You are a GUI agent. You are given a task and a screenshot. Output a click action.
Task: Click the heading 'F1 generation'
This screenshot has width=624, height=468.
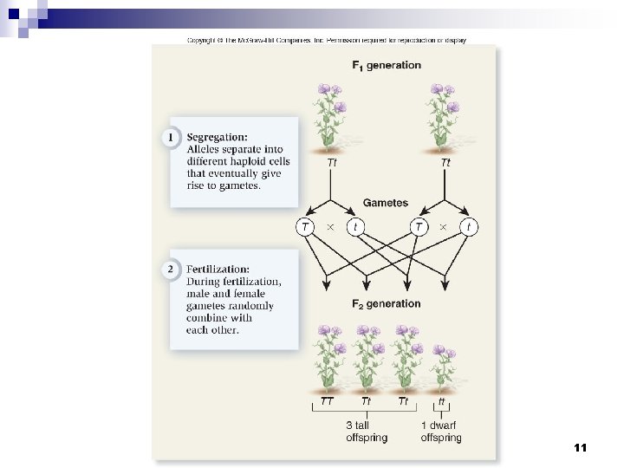click(386, 65)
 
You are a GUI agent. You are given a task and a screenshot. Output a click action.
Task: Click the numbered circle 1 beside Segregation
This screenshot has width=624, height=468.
click(171, 137)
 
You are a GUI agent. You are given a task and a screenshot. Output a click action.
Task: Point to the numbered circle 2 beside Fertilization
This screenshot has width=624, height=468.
click(171, 270)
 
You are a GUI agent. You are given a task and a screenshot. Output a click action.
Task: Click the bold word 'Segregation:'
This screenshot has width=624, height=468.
click(217, 137)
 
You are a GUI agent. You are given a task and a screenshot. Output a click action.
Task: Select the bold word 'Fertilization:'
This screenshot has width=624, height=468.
click(218, 270)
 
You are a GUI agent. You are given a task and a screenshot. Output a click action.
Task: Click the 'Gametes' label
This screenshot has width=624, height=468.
click(386, 203)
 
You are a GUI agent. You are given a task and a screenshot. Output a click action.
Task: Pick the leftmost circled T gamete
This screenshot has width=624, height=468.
click(305, 227)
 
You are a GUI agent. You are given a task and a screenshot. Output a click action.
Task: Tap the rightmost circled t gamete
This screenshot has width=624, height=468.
click(469, 227)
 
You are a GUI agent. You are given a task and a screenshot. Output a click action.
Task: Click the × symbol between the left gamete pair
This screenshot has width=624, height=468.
click(329, 227)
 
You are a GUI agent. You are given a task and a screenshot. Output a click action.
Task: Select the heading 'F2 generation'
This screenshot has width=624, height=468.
click(386, 303)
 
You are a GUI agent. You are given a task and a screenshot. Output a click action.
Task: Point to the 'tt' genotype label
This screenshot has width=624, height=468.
click(441, 401)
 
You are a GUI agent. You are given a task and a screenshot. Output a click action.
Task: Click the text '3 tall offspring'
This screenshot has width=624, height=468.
click(367, 432)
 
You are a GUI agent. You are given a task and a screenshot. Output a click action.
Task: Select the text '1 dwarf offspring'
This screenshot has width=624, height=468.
click(441, 432)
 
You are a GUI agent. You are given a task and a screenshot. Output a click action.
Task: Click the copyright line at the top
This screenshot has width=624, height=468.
click(328, 40)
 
